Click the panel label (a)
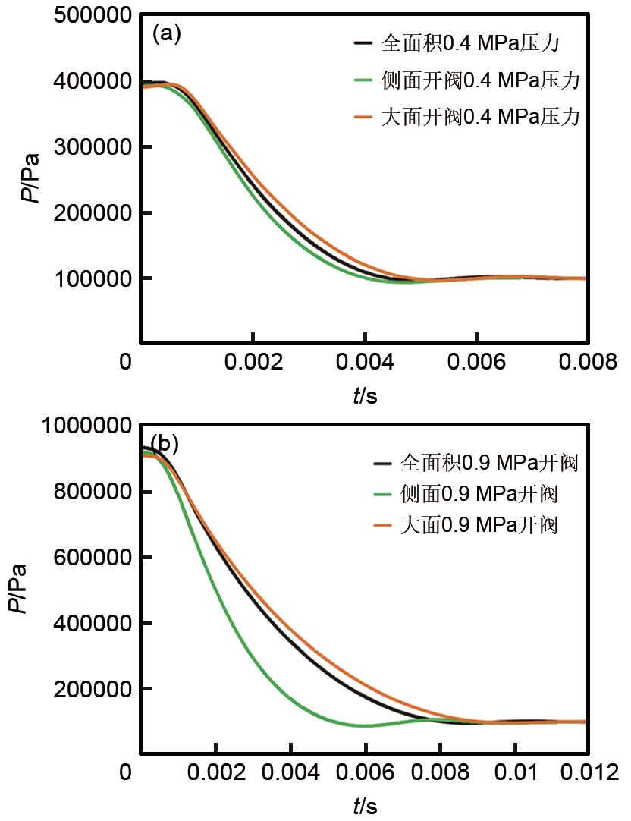(166, 34)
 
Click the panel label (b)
(165, 442)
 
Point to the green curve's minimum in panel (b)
(366, 725)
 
